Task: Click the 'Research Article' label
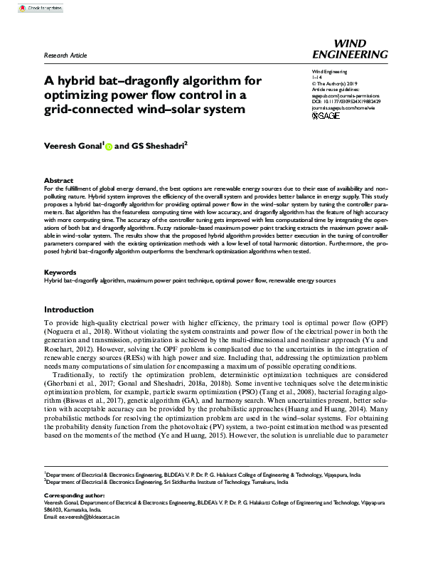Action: pos(65,55)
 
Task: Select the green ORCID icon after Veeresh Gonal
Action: pos(109,147)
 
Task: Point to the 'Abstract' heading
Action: pos(58,181)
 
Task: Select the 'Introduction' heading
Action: pos(69,310)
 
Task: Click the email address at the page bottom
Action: pos(81,537)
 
